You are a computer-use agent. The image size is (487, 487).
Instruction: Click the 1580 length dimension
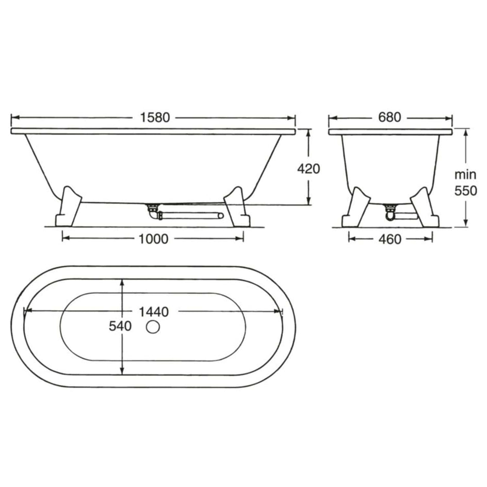click(x=155, y=118)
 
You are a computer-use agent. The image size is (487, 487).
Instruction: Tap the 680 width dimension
click(x=390, y=117)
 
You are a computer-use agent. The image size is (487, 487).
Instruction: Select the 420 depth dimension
click(x=309, y=169)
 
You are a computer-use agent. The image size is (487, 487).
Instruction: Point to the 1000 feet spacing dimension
click(x=153, y=239)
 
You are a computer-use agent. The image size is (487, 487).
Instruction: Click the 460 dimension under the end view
click(x=390, y=239)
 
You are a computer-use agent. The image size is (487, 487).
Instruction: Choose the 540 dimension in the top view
click(x=120, y=326)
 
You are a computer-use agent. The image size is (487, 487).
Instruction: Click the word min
click(x=465, y=175)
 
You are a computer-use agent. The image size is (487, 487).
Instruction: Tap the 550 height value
click(x=465, y=191)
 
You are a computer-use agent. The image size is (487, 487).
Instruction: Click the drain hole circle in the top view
click(x=153, y=328)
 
